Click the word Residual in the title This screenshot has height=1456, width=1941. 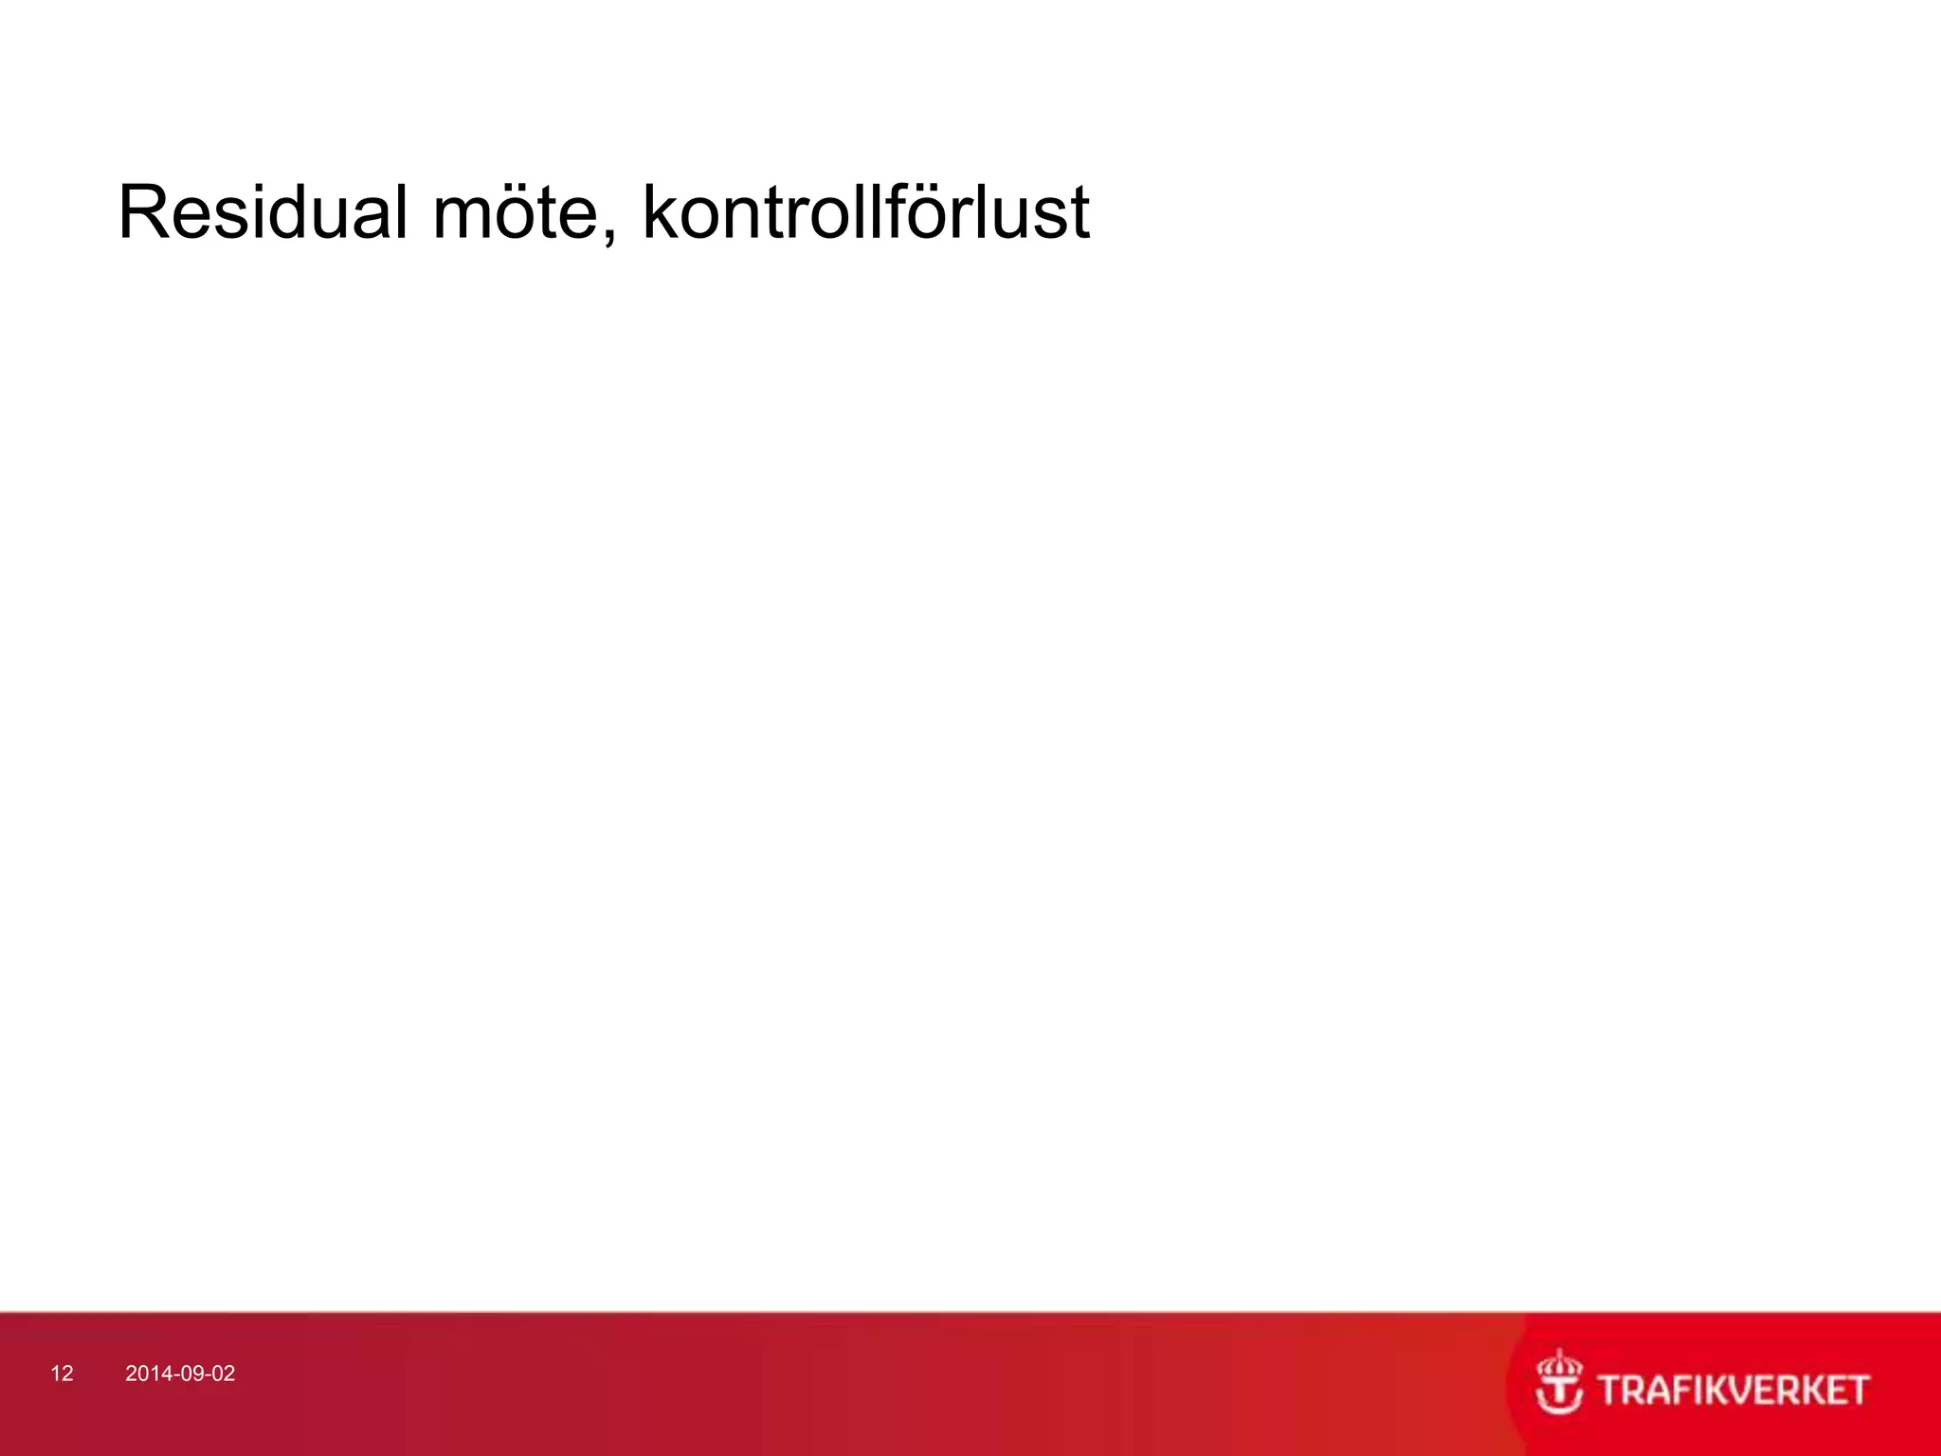coord(263,212)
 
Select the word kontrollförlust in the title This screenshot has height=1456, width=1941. coord(865,212)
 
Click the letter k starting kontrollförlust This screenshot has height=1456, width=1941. coord(660,212)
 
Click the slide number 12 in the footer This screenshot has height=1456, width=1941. coord(62,1374)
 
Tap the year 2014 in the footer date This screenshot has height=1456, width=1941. coord(145,1374)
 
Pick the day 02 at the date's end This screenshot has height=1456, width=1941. coord(223,1374)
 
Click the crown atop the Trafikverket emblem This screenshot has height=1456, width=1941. coord(1559,1365)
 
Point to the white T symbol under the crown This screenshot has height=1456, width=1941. coord(1559,1399)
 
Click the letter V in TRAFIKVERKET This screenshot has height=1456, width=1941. coord(1721,1390)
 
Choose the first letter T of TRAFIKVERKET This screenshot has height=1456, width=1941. coord(1607,1390)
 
